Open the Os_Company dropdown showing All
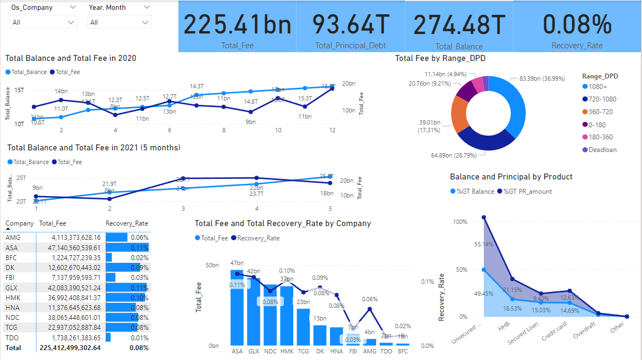click(x=43, y=22)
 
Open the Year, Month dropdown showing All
click(x=119, y=22)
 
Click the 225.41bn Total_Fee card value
click(x=237, y=25)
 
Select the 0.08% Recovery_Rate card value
click(x=577, y=25)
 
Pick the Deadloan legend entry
click(x=602, y=150)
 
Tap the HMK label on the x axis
click(x=287, y=351)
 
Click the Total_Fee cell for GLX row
click(x=69, y=288)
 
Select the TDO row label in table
click(x=12, y=337)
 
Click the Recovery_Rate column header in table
click(x=126, y=223)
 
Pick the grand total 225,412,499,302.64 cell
click(x=70, y=347)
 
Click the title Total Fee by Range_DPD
click(x=440, y=58)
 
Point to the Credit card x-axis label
click(x=554, y=333)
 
